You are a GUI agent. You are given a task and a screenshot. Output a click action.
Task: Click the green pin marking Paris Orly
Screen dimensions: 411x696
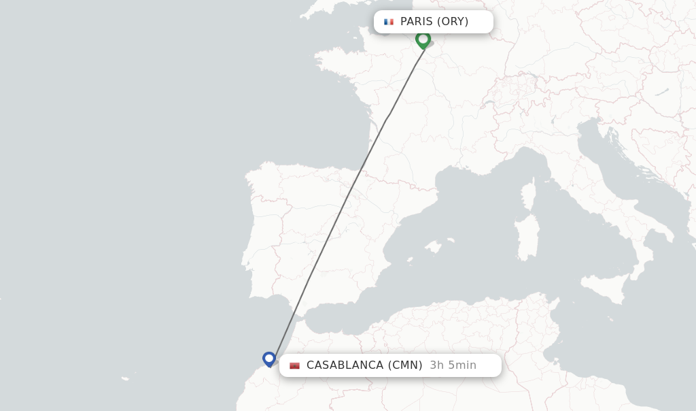(x=423, y=39)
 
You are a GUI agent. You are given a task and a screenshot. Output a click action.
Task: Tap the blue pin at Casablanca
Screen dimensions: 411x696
(x=269, y=359)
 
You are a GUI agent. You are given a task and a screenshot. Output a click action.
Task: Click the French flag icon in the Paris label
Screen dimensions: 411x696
(x=389, y=22)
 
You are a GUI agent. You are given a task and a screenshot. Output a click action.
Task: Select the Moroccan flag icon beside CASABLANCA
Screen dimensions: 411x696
(x=294, y=365)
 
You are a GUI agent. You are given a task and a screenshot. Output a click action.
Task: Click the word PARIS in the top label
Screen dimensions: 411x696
(x=416, y=22)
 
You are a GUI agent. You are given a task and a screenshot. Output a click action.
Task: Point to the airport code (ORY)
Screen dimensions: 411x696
(x=453, y=22)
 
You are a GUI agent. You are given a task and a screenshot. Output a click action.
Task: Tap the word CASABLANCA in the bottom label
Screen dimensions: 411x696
(x=345, y=365)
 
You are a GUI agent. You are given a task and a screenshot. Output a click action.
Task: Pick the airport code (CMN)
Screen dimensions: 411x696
(x=405, y=365)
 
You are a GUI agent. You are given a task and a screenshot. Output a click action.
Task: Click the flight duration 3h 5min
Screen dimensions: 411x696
(x=453, y=365)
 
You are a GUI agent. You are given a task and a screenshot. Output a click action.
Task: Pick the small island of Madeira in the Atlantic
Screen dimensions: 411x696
(x=125, y=378)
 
